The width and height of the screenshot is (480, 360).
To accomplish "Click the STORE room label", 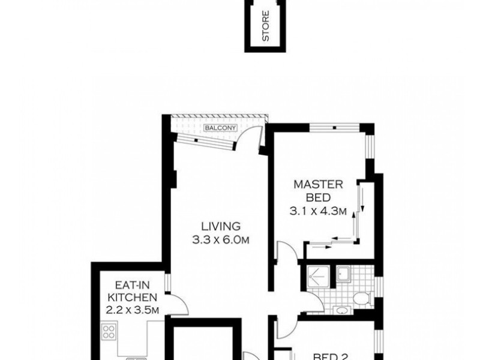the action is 266,26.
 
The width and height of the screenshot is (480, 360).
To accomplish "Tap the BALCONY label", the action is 221,128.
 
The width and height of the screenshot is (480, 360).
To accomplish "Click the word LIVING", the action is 221,226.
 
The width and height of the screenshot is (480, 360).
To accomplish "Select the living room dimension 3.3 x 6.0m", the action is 221,239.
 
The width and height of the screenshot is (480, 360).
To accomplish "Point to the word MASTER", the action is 319,185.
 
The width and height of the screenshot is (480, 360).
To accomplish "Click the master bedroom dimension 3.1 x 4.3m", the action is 318,211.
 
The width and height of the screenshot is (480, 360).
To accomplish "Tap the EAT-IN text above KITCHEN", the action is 132,285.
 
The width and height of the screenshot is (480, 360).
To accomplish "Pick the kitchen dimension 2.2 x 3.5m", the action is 132,310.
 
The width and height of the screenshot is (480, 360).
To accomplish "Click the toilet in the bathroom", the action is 362,298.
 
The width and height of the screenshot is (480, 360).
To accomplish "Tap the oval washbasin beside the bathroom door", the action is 341,310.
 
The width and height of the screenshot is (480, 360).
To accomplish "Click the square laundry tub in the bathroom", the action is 343,274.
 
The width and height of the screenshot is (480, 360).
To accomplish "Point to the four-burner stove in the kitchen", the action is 109,332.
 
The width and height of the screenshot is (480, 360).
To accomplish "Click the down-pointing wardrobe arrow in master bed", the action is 362,200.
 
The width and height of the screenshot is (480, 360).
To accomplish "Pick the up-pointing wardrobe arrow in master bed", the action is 354,223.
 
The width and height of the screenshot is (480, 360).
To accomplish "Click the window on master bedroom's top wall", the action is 334,127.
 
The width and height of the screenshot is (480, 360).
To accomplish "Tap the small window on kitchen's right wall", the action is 168,283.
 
